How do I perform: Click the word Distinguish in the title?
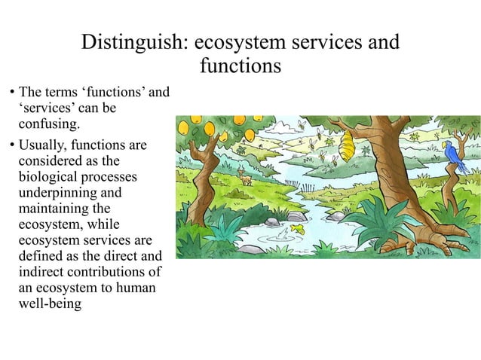pyautogui.click(x=131, y=42)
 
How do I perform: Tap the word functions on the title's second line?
pyautogui.click(x=240, y=66)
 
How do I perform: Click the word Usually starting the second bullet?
pyautogui.click(x=41, y=144)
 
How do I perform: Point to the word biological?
pyautogui.click(x=49, y=178)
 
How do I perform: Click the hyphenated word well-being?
pyautogui.click(x=49, y=304)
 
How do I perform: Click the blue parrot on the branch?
pyautogui.click(x=454, y=157)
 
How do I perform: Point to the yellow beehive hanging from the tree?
pyautogui.click(x=350, y=141)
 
